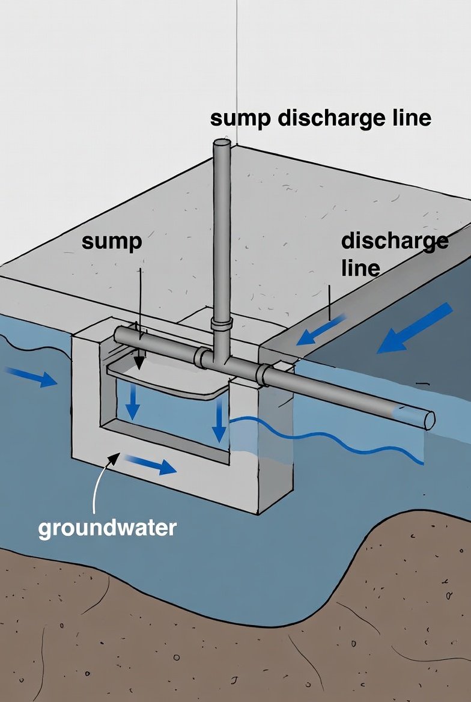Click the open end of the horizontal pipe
[x=429, y=420]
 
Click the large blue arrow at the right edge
[x=416, y=328]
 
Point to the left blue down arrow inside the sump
[x=133, y=403]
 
